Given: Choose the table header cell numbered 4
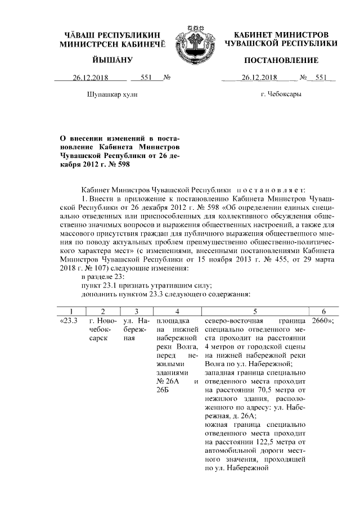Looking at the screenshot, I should [177, 311].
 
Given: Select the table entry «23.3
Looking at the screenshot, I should [69, 321].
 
